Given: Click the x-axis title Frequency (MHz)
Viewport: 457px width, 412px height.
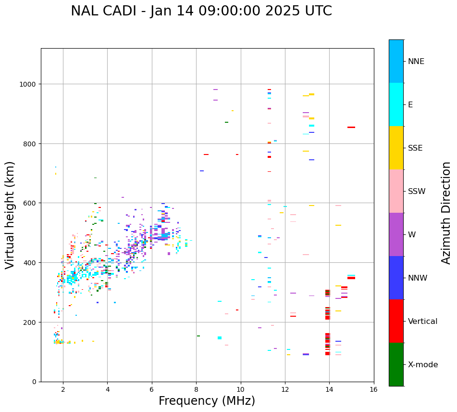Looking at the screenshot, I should [207, 401].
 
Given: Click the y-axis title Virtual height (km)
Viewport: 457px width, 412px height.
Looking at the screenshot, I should [10, 215].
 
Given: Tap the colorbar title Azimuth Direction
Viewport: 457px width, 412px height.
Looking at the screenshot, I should [446, 213].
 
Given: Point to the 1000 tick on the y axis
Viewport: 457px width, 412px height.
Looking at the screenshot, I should [29, 84].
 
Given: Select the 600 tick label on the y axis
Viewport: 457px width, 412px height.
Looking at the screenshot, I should [31, 203].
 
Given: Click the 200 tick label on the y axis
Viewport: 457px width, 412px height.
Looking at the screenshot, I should [31, 322].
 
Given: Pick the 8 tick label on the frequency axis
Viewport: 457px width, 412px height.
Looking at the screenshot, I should [196, 389].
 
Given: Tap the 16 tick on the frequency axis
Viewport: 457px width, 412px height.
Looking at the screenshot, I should [374, 389].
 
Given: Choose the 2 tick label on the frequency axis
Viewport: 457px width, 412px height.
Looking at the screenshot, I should [63, 389].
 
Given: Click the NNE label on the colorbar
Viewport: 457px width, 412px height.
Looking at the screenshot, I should [416, 62].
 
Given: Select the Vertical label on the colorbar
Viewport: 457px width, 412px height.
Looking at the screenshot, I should [423, 322].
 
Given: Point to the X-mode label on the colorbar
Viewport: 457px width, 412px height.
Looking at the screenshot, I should [423, 365].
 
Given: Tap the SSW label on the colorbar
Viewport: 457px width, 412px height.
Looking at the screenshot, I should [417, 192].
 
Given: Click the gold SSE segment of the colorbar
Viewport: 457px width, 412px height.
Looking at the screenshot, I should [396, 148].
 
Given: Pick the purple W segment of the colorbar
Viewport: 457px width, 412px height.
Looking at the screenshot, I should [396, 234].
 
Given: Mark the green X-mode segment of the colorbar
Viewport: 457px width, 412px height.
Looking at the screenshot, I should [396, 364].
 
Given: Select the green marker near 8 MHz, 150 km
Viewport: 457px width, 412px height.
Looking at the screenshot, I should [198, 336].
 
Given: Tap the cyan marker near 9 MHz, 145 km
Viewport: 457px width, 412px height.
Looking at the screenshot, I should [220, 338].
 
